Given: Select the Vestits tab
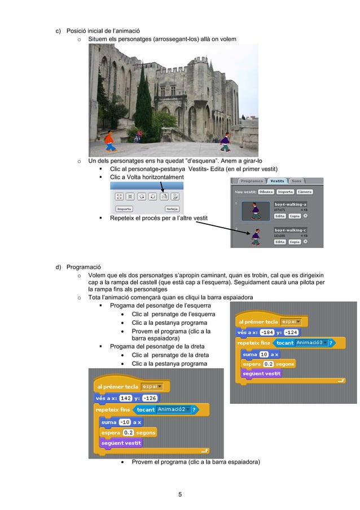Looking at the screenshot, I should (277, 181).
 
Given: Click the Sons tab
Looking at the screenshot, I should (297, 181).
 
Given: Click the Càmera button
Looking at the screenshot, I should (305, 192).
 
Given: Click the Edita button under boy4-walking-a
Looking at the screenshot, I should (280, 216).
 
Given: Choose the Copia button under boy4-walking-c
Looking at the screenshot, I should (295, 242).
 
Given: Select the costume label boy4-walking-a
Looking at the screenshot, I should (291, 204).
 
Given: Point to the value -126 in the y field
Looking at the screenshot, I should (151, 398).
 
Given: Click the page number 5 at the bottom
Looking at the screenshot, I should (180, 495).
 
